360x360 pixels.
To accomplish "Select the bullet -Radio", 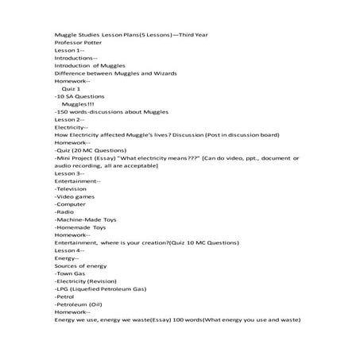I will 65,211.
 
